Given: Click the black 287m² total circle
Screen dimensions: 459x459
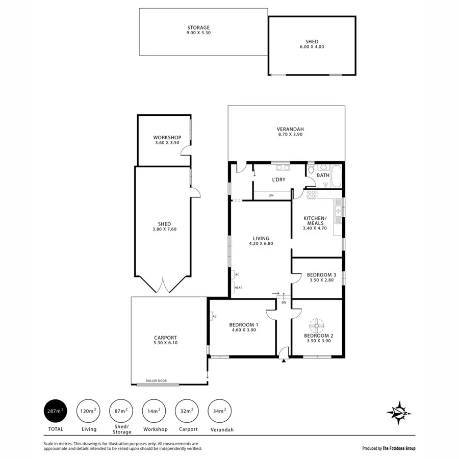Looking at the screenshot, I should coord(56,411).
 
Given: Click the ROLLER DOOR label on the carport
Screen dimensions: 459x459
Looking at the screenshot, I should coord(156,381).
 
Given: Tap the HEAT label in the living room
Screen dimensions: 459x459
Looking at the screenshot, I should coord(238,288).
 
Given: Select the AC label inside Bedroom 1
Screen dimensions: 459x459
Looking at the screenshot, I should coord(214,316).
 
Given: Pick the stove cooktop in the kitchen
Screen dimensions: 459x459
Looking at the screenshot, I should coord(312,194).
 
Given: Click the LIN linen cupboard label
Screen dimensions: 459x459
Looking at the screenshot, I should coord(271,195).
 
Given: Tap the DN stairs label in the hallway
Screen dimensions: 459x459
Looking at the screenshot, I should coord(284,302).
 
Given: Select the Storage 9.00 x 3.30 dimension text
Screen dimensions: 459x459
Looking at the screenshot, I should coord(198,33).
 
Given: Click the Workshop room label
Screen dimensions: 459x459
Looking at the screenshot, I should coord(167,138).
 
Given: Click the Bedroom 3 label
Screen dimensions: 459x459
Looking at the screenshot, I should coord(321,275).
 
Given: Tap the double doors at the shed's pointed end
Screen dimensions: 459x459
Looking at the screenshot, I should coord(163,286).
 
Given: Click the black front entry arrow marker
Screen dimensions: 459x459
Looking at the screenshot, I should coord(283,361).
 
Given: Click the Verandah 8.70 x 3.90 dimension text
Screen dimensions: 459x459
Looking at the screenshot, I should coord(290,134).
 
